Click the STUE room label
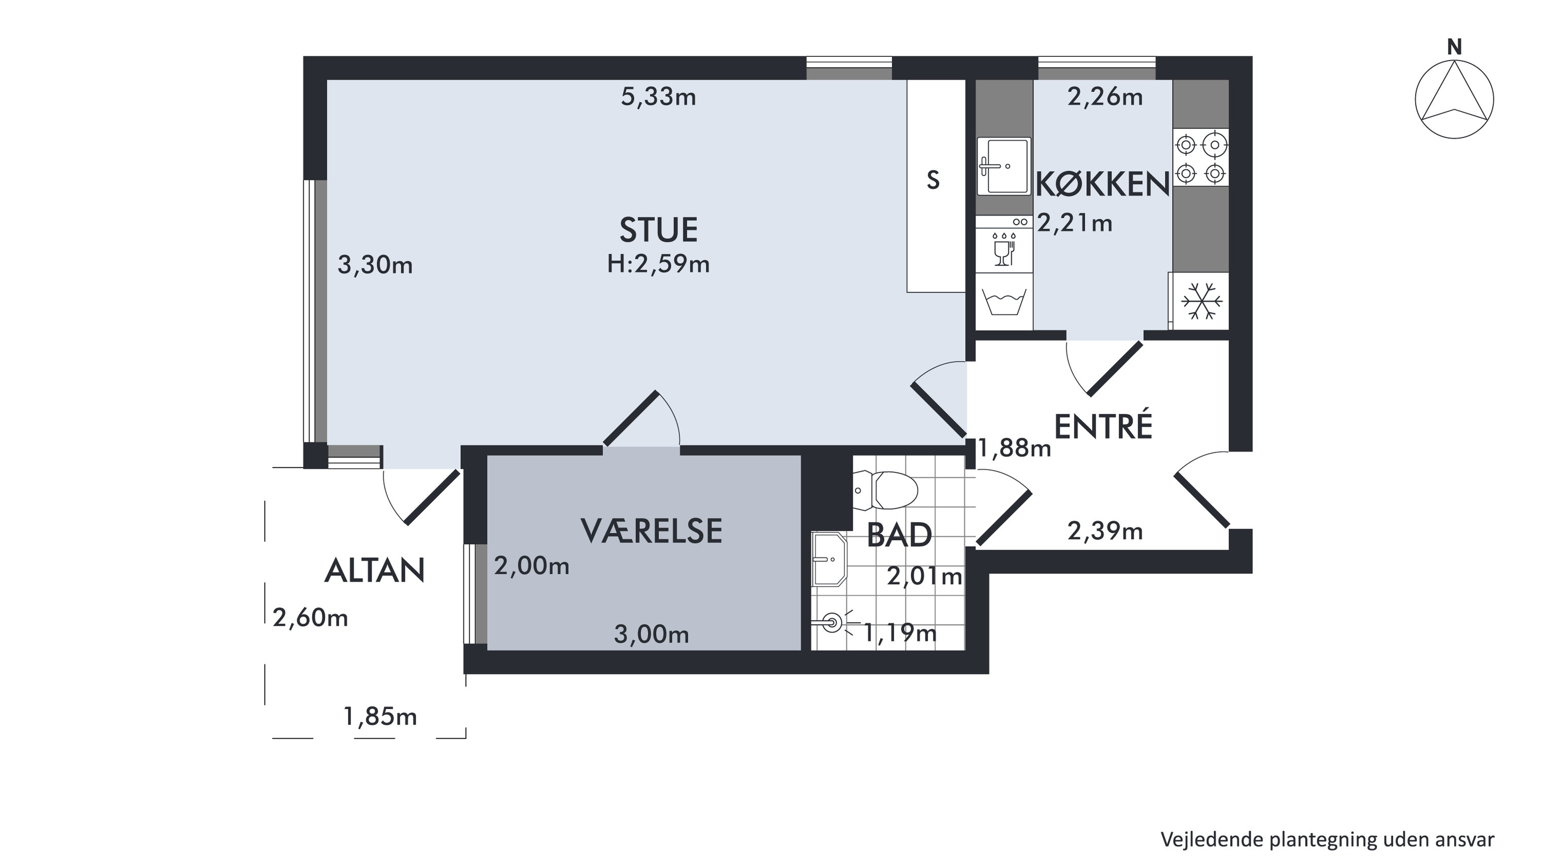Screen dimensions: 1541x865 tap(658, 230)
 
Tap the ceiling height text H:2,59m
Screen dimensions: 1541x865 tap(658, 264)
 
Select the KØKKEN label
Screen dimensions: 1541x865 tap(1103, 184)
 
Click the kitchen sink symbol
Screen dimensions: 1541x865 tap(1005, 166)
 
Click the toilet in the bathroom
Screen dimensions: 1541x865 tap(885, 490)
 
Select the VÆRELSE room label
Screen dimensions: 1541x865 tap(652, 530)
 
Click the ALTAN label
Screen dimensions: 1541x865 tap(375, 570)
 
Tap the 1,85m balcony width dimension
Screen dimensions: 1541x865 tap(380, 716)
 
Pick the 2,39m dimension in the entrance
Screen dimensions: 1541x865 tap(1105, 531)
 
